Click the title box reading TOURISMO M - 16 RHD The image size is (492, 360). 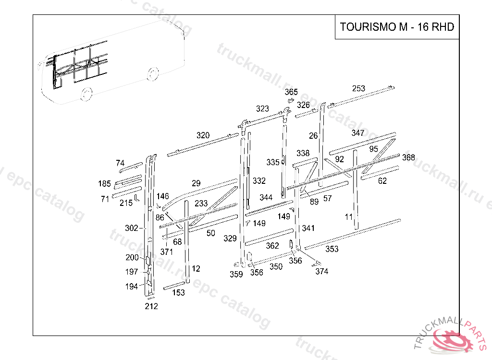pyautogui.click(x=397, y=27)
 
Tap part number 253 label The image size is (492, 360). pyautogui.click(x=358, y=88)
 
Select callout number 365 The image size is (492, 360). pyautogui.click(x=291, y=92)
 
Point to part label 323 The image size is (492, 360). pyautogui.click(x=262, y=109)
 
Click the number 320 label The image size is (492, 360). pyautogui.click(x=203, y=135)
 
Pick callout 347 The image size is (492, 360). pyautogui.click(x=358, y=133)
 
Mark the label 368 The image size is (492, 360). pyautogui.click(x=408, y=157)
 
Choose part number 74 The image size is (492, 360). pyautogui.click(x=120, y=163)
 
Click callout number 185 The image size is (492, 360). pyautogui.click(x=104, y=183)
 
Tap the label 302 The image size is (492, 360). pyautogui.click(x=131, y=228)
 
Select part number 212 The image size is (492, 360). pyautogui.click(x=151, y=306)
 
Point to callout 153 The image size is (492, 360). pyautogui.click(x=178, y=293)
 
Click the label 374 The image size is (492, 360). pyautogui.click(x=322, y=271)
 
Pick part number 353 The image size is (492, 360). pyautogui.click(x=332, y=249)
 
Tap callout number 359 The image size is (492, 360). pyautogui.click(x=236, y=274)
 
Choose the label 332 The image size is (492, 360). pyautogui.click(x=259, y=181)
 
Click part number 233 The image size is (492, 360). pyautogui.click(x=201, y=204)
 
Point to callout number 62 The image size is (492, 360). pyautogui.click(x=382, y=181)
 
